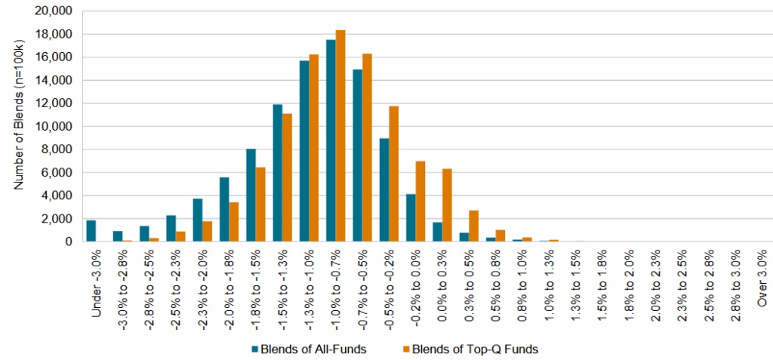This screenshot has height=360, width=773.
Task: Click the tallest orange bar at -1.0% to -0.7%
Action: click(x=340, y=136)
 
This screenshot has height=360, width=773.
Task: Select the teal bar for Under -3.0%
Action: click(x=91, y=231)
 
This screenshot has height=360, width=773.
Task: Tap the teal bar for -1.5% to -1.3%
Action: click(x=278, y=173)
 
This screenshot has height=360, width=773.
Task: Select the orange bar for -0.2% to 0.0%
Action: click(x=420, y=201)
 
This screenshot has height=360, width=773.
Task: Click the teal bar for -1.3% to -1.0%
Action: click(x=304, y=151)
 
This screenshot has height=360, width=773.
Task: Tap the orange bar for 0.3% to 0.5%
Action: click(x=473, y=226)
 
